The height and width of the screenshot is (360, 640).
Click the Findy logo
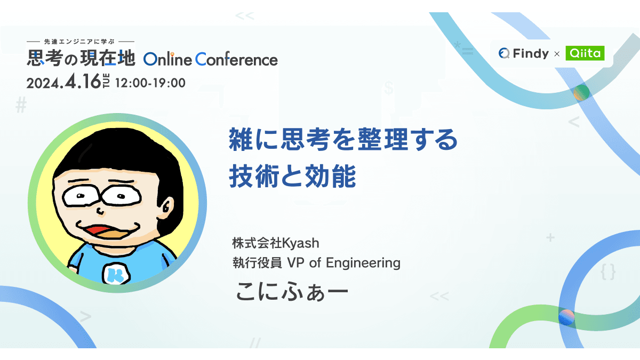coord(523,53)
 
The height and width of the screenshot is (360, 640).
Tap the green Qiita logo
coord(585,53)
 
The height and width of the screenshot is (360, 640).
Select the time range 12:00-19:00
coord(150,83)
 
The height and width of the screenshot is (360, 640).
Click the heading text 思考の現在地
coord(82,58)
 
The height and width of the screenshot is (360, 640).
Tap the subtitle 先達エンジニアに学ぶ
coord(81,41)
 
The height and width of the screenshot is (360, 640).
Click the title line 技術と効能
coord(292,177)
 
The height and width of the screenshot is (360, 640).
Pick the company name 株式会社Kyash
coord(275,244)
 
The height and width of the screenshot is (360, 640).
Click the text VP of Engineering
coord(343,262)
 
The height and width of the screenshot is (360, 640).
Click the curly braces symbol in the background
coord(607,273)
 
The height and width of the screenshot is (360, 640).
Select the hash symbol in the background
coord(21,106)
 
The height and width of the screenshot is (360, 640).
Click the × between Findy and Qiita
coord(556,54)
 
